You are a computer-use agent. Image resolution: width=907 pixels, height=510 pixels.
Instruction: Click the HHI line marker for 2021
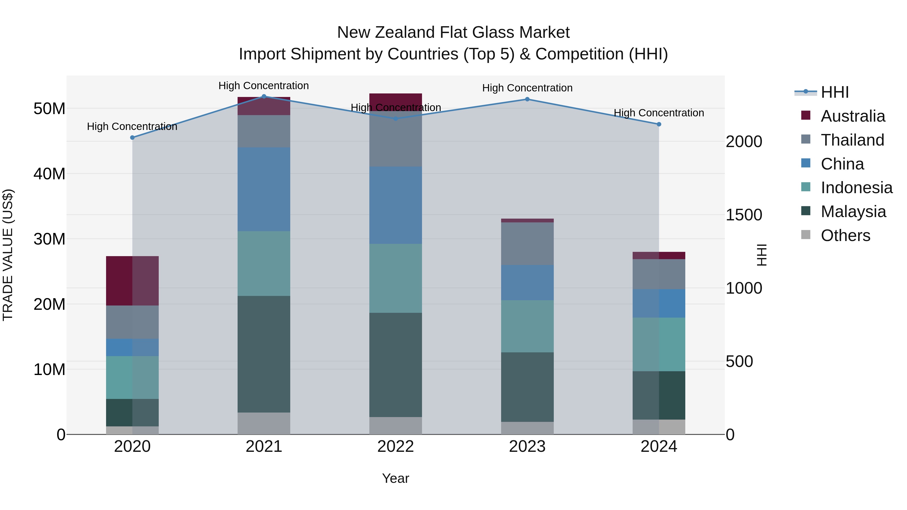264,96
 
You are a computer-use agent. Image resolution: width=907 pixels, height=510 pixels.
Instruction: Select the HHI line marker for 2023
527,99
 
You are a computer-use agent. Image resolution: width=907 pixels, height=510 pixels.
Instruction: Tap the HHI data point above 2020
132,138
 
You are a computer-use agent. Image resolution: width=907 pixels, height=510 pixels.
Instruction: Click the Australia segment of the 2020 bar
132,281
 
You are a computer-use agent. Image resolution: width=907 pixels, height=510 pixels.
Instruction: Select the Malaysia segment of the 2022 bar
395,365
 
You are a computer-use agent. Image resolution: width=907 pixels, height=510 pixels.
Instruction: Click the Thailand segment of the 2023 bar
527,244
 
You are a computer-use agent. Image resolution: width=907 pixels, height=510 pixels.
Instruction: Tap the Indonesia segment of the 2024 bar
659,344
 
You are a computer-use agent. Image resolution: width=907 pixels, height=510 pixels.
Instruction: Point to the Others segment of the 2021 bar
264,423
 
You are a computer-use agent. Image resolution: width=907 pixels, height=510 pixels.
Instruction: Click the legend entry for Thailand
852,140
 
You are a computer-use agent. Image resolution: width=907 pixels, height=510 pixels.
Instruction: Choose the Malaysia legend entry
853,212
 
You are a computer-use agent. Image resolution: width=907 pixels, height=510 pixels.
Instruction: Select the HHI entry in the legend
834,92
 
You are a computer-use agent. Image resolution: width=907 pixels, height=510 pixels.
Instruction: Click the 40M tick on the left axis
49,174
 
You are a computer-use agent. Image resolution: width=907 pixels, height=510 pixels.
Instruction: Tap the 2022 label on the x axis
395,447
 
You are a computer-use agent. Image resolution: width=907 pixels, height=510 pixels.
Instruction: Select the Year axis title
395,478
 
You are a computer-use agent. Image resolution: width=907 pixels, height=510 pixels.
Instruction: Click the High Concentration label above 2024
659,113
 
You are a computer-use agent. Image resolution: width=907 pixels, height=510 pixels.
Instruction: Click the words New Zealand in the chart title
386,32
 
